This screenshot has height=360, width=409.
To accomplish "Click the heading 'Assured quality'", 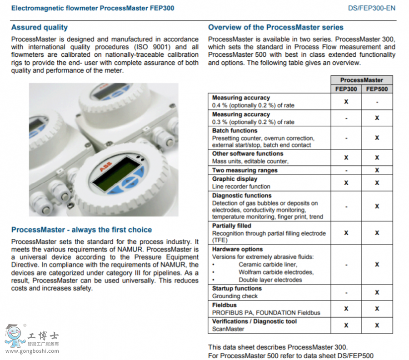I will coord(40,28).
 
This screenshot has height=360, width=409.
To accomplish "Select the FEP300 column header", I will coord(346,89).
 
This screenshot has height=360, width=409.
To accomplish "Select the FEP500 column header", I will coord(377,89).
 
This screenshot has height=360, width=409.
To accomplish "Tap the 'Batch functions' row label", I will coord(234,131).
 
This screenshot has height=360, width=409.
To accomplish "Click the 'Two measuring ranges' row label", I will coord(244,170).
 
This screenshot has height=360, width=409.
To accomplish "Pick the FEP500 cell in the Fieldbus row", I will coord(377,309).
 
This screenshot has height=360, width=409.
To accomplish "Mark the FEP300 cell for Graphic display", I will coord(346,182).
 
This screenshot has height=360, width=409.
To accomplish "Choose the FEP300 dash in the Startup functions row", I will coord(346,292).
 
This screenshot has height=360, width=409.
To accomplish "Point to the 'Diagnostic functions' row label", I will coord(241,196).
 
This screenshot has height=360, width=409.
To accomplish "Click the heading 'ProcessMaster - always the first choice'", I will coord(81,230).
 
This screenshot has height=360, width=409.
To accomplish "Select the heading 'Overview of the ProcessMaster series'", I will coord(276,28).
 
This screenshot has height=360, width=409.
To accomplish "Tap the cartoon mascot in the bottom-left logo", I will coord(15,336).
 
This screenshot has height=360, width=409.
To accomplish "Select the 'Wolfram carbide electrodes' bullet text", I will coord(276,272).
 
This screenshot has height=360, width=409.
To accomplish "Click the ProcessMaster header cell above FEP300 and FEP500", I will coord(361,80).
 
